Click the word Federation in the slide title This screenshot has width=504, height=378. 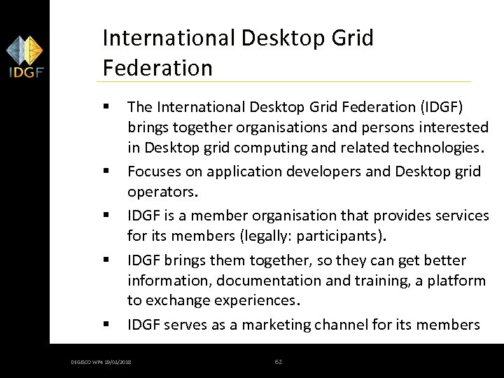click(x=157, y=68)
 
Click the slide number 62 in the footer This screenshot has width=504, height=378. click(x=278, y=361)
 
